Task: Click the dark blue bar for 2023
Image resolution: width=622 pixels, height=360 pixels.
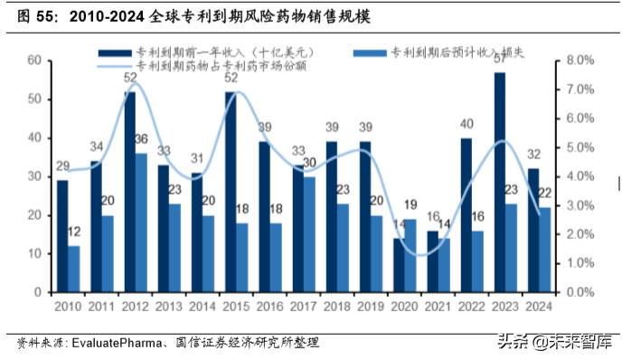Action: [x=500, y=182]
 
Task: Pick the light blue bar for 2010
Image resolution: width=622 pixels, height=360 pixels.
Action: [x=74, y=269]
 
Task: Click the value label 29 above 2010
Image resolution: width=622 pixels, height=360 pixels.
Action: [x=61, y=166]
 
